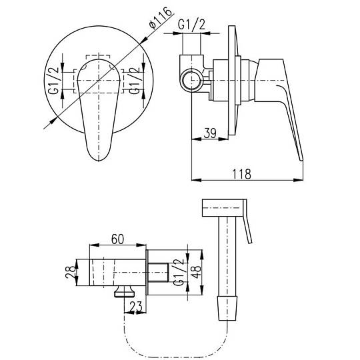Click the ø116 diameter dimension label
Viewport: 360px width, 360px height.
[x=160, y=18]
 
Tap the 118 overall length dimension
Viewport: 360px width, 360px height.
[x=242, y=174]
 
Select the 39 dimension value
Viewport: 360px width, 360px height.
[x=210, y=133]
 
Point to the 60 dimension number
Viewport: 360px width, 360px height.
[x=117, y=239]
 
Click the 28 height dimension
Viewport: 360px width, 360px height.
[x=70, y=272]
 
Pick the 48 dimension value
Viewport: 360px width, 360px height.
[x=196, y=272]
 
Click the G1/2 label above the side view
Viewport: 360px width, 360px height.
[x=191, y=25]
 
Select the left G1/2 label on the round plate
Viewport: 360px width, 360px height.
[x=53, y=80]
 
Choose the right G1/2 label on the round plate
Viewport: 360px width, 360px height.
[x=134, y=80]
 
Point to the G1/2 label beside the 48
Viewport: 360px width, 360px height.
[x=179, y=272]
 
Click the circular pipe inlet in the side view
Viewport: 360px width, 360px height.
[x=191, y=81]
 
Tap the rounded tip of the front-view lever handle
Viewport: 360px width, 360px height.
[x=99, y=160]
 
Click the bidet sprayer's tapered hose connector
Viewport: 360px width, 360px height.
[x=227, y=308]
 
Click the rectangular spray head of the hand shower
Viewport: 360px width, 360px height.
[x=223, y=208]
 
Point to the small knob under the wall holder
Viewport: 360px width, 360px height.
[x=125, y=291]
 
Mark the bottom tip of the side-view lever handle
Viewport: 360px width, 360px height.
[x=301, y=160]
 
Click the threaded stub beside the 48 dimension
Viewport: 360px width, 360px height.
[x=158, y=273]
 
